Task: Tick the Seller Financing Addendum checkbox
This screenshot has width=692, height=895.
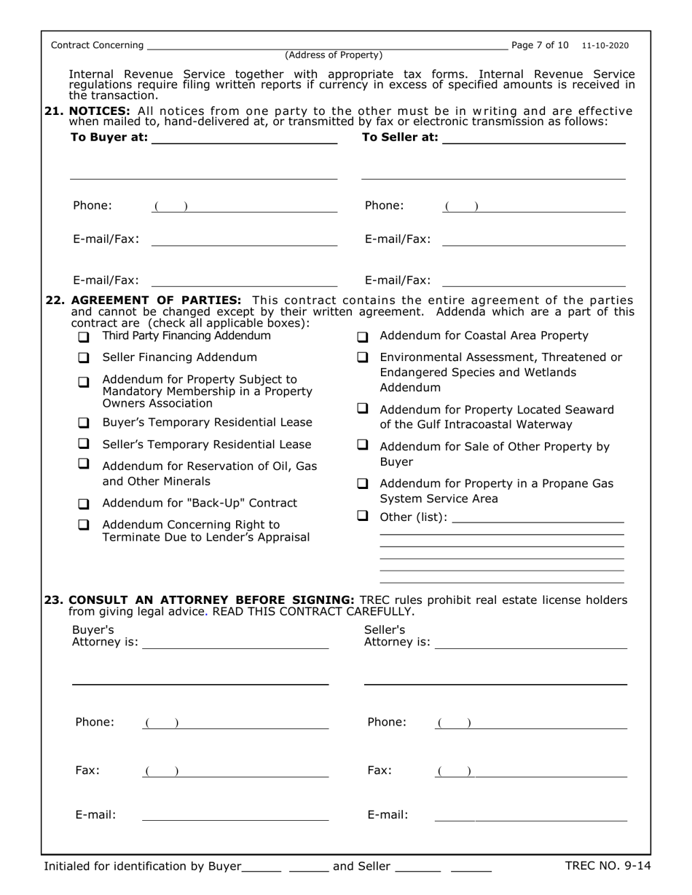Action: pos(84,358)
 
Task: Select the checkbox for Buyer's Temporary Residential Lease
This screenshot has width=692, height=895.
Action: pos(84,423)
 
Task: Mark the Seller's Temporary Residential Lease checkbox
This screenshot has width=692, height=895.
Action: pos(84,443)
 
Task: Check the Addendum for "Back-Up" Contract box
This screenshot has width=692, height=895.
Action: pos(84,504)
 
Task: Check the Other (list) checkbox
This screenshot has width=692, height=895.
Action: pos(361,516)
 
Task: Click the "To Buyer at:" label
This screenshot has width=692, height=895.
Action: pos(109,138)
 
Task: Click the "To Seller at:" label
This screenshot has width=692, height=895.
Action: pos(400,138)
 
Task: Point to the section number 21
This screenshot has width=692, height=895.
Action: pos(54,111)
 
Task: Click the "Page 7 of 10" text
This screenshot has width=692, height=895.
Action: pos(540,45)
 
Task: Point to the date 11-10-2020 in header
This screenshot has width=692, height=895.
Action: pos(605,46)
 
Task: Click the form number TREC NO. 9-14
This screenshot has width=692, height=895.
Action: pos(608,866)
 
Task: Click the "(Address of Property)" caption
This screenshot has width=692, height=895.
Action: pos(334,55)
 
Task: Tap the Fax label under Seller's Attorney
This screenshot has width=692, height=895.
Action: pos(379,771)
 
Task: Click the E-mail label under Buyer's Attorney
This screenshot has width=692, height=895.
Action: pos(95,815)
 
